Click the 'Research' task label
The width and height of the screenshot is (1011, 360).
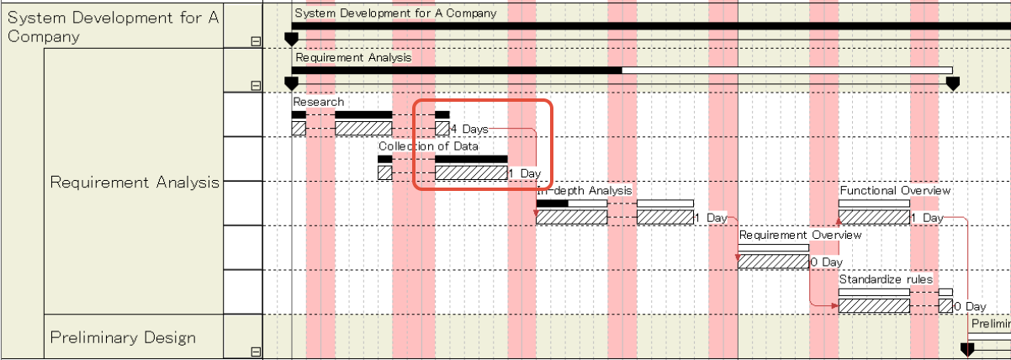[x=318, y=102]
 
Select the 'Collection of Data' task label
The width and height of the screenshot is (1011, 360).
[x=428, y=146]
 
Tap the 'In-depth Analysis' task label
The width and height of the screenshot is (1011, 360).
[x=585, y=191]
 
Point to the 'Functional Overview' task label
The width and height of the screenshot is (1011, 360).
[x=895, y=191]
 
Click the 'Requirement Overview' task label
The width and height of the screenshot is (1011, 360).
[x=800, y=236]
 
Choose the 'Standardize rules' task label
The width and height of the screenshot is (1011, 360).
[x=886, y=279]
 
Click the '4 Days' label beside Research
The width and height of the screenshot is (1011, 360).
[x=469, y=129]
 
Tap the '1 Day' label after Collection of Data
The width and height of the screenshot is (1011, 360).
[x=526, y=173]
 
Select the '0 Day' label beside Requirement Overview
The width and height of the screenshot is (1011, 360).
[x=826, y=262]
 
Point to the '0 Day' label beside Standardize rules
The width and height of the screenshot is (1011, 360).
[x=970, y=307]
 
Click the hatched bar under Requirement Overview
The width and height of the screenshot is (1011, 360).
[x=773, y=262]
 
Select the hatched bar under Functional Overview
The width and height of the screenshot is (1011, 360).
[x=874, y=217]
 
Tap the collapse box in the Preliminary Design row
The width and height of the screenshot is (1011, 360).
[x=256, y=352]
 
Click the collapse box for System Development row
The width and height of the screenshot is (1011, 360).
[x=256, y=40]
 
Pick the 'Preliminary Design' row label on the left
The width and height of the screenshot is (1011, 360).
[x=123, y=337]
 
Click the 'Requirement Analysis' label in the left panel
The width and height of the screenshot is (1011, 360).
[x=135, y=182]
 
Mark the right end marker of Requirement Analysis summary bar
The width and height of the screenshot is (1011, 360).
[x=953, y=83]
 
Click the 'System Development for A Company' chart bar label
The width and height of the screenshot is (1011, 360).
[x=395, y=13]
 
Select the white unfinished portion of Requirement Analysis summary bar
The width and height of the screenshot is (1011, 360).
[x=786, y=70]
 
